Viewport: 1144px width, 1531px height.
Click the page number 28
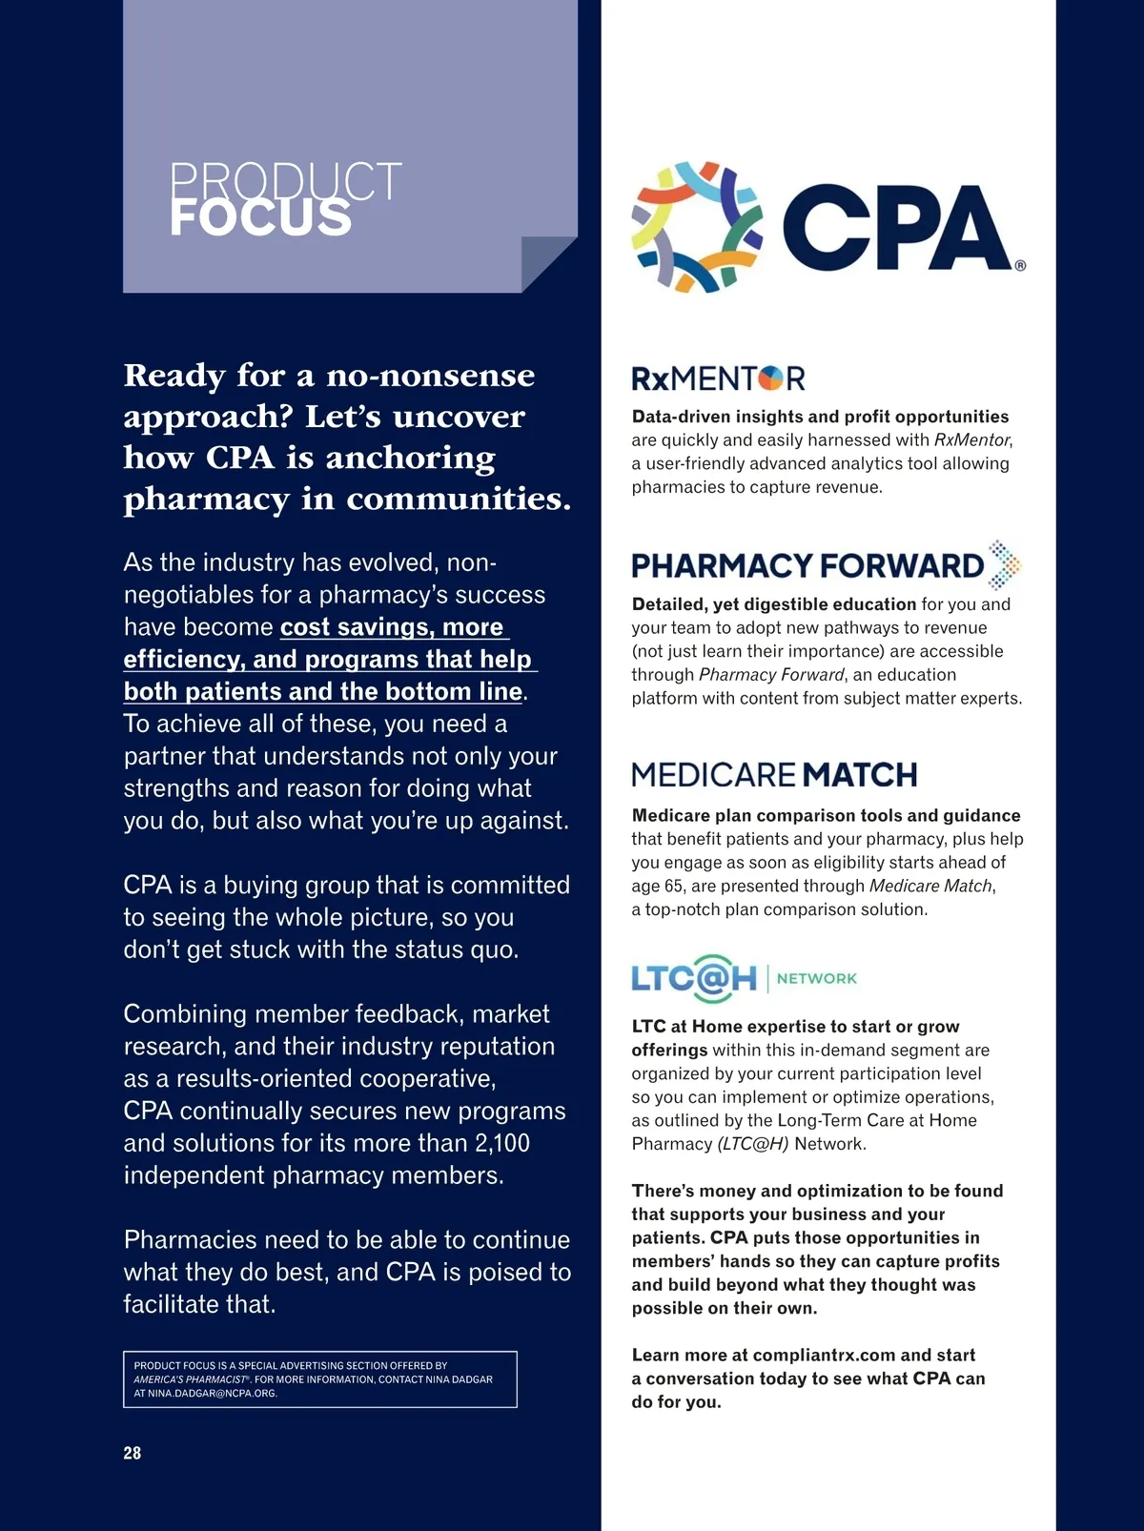tap(132, 1453)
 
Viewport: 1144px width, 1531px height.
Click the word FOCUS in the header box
tap(260, 218)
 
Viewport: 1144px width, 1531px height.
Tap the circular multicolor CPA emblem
tap(697, 227)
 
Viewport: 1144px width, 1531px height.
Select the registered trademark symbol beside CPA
tap(1020, 266)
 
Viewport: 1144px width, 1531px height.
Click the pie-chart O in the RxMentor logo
tap(770, 378)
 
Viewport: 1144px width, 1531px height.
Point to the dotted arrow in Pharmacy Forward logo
tap(1003, 564)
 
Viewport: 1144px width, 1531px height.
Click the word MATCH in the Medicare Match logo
tap(860, 774)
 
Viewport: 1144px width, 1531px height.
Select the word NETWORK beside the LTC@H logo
tap(817, 978)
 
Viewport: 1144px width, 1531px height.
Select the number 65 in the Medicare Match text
tap(675, 886)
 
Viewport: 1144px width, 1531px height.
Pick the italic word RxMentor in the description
tap(971, 439)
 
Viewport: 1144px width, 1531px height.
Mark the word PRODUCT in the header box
tap(285, 181)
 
